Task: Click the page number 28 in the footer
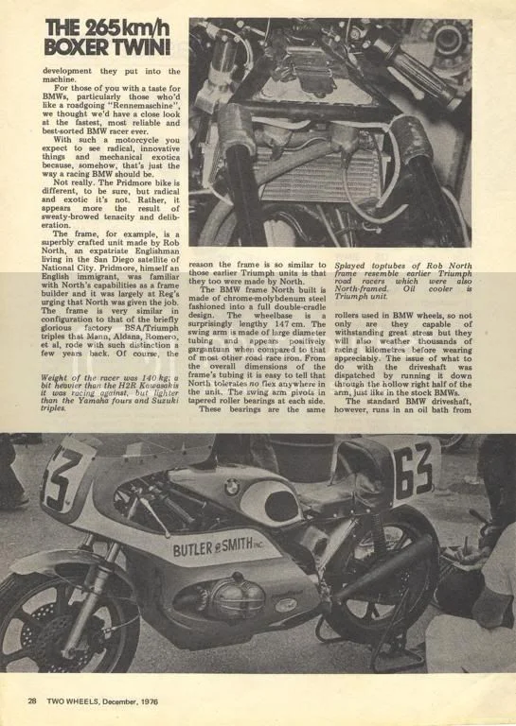click(x=31, y=700)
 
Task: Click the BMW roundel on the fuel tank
click(x=230, y=486)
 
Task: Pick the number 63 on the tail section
click(x=413, y=469)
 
